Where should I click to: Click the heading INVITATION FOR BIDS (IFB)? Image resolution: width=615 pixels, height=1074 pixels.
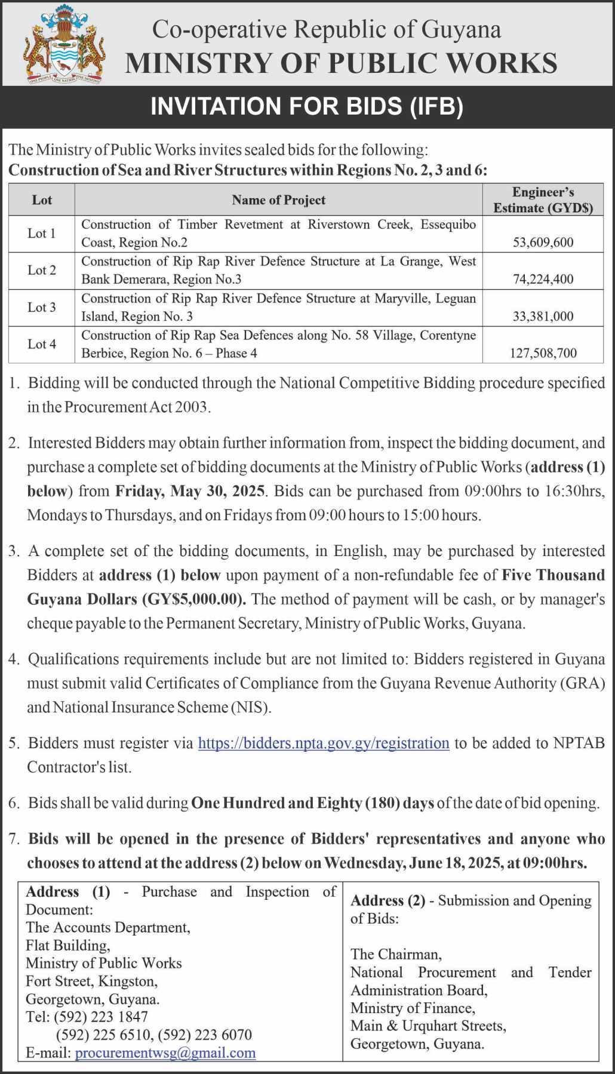(x=307, y=106)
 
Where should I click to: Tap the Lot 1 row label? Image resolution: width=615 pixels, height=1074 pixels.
(x=42, y=233)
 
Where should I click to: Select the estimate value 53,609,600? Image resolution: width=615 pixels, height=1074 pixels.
(x=543, y=242)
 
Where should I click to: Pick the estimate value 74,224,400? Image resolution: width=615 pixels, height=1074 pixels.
(x=543, y=279)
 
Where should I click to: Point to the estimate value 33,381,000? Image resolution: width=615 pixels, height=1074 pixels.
(x=543, y=316)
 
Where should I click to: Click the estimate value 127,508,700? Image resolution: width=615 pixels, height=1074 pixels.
(x=543, y=353)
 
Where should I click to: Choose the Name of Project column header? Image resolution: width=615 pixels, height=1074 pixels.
(x=278, y=200)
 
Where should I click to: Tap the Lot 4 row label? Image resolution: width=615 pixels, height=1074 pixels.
(x=42, y=344)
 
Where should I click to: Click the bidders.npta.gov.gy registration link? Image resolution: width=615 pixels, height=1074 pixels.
(x=323, y=743)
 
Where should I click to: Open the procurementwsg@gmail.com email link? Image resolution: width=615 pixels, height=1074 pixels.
(x=165, y=1053)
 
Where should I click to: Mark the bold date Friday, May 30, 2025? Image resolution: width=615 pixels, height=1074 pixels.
(x=190, y=491)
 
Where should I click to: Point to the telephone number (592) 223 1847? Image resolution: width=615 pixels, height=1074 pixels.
(x=101, y=1017)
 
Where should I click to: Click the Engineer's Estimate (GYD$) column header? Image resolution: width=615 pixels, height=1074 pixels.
(x=543, y=200)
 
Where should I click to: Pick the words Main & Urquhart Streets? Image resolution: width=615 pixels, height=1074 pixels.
(x=428, y=1026)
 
